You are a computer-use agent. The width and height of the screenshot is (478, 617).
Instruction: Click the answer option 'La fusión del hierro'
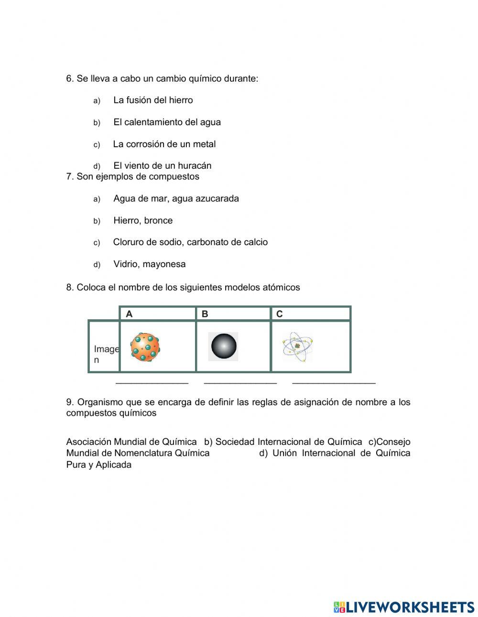point(153,100)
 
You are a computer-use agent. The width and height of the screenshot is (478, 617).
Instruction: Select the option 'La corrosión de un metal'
point(164,144)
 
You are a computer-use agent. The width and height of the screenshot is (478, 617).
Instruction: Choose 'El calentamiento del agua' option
point(167,122)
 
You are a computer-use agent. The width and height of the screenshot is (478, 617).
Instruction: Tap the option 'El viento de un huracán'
point(162,166)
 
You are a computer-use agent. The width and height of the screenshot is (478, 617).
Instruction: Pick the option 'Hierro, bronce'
point(143,221)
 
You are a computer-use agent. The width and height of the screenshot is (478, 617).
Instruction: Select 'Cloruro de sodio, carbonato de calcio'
point(190,242)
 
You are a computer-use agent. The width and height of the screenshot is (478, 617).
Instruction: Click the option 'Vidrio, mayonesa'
point(149,264)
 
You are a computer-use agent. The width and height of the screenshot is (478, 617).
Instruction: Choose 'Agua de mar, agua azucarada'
point(176,199)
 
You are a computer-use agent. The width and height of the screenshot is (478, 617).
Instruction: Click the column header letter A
point(129,314)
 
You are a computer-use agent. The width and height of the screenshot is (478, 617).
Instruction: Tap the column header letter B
point(205,314)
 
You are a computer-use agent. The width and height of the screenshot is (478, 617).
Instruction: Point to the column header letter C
point(280,314)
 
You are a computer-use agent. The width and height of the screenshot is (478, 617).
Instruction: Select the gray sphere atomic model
point(224,346)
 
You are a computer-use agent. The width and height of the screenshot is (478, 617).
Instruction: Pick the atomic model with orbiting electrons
point(297,346)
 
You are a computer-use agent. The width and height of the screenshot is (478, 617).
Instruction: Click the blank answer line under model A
point(152,382)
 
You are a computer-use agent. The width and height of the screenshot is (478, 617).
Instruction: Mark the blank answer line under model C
point(334,382)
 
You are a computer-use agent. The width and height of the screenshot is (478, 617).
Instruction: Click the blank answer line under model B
point(240,382)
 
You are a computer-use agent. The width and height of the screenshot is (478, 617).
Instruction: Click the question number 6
point(70,79)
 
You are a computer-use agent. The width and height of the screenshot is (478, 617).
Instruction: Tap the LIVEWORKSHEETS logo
point(404,607)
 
